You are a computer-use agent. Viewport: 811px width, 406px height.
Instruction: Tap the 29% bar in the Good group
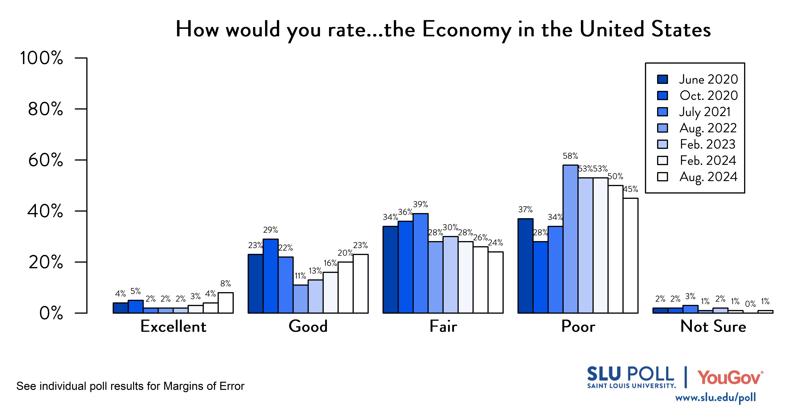(270, 276)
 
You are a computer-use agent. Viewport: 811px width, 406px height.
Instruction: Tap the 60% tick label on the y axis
(46, 160)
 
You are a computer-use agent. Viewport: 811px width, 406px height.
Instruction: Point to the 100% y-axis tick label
(42, 58)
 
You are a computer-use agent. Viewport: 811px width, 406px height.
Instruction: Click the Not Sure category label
(713, 326)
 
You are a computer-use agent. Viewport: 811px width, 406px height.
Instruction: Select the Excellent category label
(173, 326)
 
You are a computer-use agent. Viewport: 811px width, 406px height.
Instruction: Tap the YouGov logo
(730, 378)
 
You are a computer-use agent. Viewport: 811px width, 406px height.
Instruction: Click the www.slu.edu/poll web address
(715, 397)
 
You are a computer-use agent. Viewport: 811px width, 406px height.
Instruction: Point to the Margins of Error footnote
(130, 386)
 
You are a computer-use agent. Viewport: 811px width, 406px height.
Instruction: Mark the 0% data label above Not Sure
(750, 304)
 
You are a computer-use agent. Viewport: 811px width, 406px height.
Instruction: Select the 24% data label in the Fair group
(496, 243)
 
